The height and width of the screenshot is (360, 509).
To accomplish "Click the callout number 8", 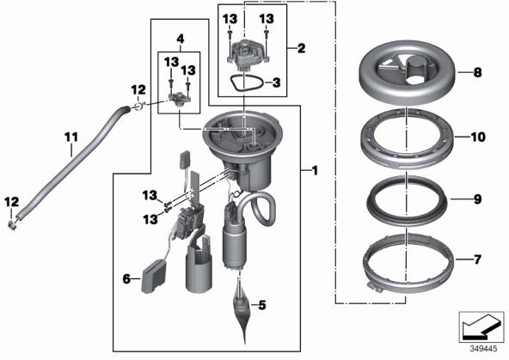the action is (477, 72).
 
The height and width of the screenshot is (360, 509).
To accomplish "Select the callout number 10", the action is (478, 137).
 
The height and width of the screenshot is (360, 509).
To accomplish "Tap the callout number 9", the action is (477, 199).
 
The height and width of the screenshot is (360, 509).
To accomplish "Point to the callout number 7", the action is (477, 259).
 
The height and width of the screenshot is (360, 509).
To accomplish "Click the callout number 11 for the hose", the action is (71, 137).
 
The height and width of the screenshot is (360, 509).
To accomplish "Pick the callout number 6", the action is (126, 278).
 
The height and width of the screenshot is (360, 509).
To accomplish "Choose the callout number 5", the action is (262, 305).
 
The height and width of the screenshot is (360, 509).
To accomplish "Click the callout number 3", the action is (276, 82).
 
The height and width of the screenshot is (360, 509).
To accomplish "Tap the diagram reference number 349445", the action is (484, 349).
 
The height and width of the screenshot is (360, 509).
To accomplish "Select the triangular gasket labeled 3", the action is (246, 82).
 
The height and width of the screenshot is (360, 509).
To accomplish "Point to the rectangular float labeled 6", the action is (153, 277).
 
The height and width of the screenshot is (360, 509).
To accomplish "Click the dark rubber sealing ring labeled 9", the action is (407, 201).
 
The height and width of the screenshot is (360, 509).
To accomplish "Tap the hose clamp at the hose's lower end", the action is (13, 225).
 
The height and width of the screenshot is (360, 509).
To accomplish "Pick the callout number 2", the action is (301, 48).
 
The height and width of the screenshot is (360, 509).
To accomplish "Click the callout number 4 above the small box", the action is (181, 40).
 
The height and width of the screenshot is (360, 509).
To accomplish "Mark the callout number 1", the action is (314, 170).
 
